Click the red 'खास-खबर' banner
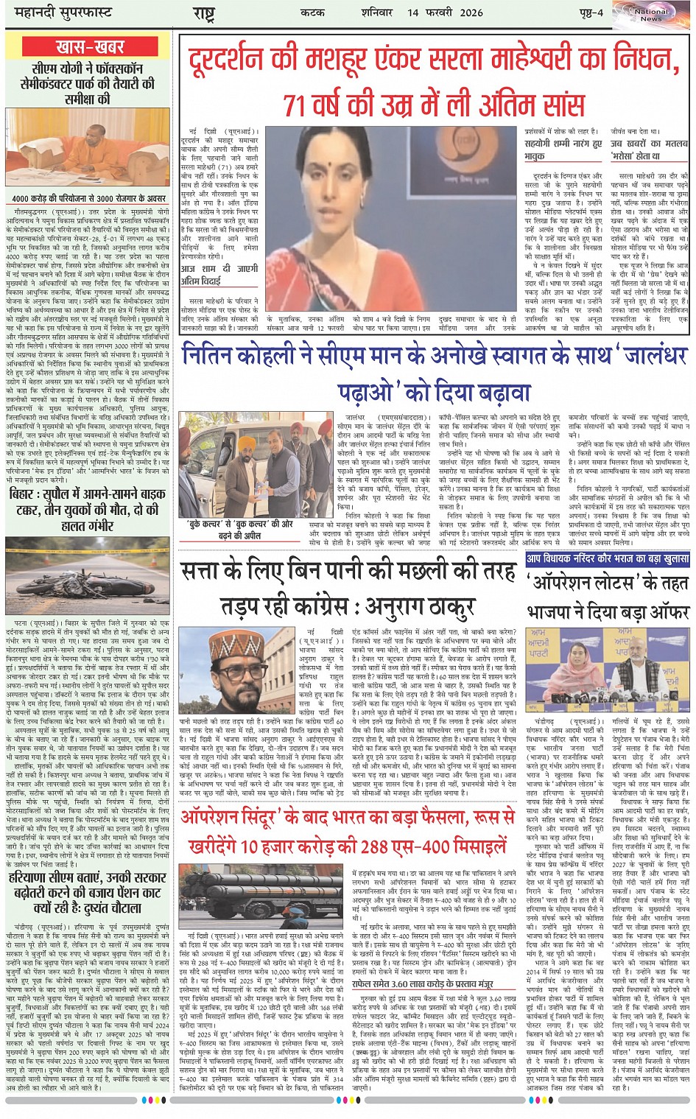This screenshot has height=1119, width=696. tap(90, 47)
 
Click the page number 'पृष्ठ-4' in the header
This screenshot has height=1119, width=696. tap(590, 12)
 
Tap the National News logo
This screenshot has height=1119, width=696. tap(651, 14)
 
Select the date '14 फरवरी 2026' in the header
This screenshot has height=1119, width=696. tap(446, 12)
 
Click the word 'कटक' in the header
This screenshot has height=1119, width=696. tap(312, 12)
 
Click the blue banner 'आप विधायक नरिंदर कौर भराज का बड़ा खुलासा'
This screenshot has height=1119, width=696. tap(608, 558)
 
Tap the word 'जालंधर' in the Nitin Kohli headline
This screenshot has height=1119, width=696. tap(644, 355)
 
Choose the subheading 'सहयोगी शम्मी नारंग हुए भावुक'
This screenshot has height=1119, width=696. tap(563, 150)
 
